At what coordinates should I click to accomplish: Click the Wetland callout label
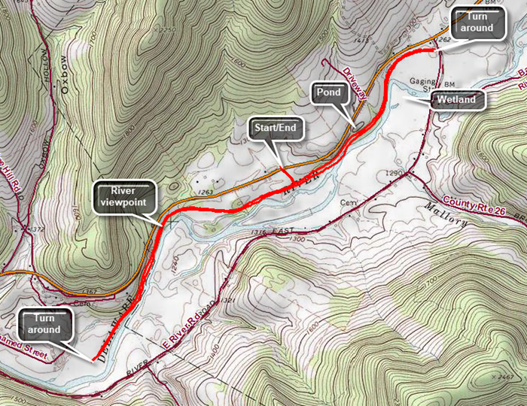[458, 99]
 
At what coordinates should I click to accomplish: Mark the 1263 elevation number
[207, 193]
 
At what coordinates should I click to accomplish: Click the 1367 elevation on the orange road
[89, 290]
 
